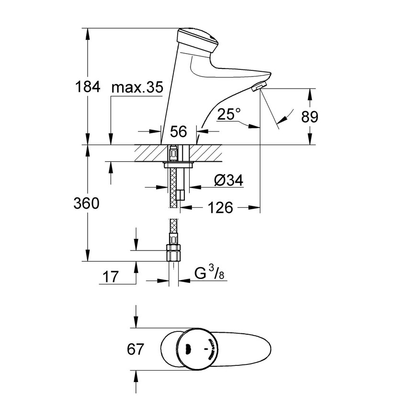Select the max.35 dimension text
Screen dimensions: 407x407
[137, 88]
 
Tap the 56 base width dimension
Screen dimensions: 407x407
[178, 132]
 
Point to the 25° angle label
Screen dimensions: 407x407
[228, 114]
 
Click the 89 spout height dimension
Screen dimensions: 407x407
[309, 116]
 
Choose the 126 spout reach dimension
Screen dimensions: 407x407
[221, 207]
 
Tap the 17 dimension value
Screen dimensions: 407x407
[111, 276]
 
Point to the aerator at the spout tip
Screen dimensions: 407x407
[258, 87]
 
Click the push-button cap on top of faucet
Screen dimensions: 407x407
[197, 39]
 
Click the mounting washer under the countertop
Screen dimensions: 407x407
[178, 165]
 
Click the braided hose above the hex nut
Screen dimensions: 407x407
[173, 232]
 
